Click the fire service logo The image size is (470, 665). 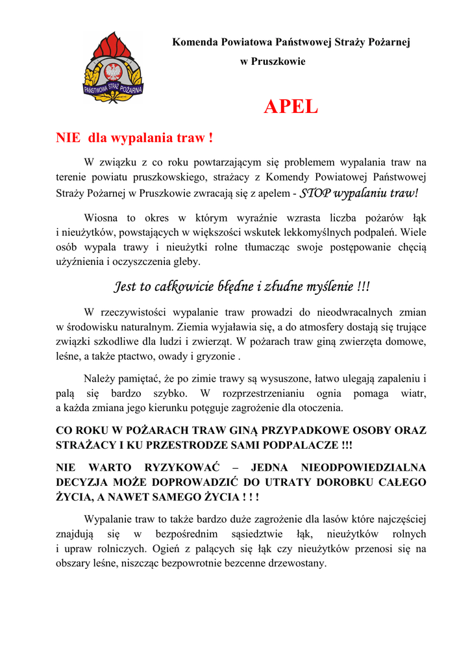[x=113, y=68]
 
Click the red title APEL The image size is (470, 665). [x=290, y=107]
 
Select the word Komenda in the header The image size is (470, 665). [x=193, y=42]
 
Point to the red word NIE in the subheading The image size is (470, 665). [x=68, y=138]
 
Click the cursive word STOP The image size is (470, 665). [x=315, y=194]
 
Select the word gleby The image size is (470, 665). [x=188, y=262]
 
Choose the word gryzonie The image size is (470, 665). [x=216, y=357]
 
